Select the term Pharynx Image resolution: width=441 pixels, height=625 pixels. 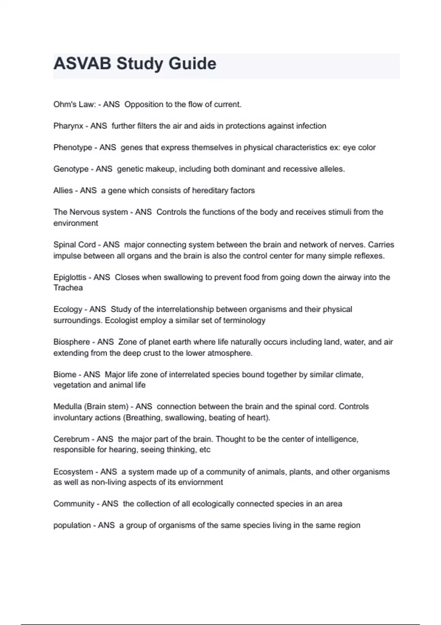pyautogui.click(x=68, y=126)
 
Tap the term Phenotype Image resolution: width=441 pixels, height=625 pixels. pyautogui.click(x=73, y=147)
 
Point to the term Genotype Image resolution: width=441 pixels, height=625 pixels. pyautogui.click(x=71, y=169)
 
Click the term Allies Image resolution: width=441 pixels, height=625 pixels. pyautogui.click(x=63, y=190)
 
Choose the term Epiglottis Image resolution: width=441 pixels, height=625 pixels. pyautogui.click(x=70, y=277)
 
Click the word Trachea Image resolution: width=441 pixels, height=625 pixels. pyautogui.click(x=68, y=288)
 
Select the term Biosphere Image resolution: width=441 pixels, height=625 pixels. pyautogui.click(x=72, y=342)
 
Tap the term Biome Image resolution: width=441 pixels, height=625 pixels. pyautogui.click(x=65, y=375)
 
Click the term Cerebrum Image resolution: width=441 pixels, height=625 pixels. pyautogui.click(x=71, y=439)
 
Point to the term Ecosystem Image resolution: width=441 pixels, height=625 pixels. pyautogui.click(x=73, y=472)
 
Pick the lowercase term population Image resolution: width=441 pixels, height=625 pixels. pyautogui.click(x=72, y=525)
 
